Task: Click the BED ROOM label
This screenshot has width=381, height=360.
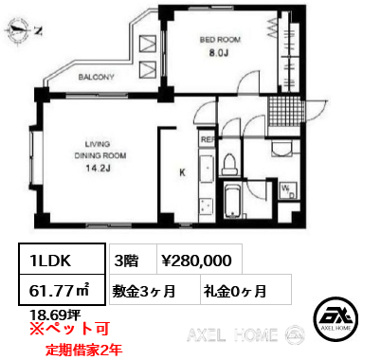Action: point(220,40)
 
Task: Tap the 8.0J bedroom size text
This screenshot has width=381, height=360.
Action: point(219,53)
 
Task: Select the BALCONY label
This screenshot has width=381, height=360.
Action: point(96,77)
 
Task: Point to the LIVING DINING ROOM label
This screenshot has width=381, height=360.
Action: point(100,150)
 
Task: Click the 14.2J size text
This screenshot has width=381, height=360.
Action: point(98,169)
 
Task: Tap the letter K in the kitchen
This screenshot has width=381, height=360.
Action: point(182,172)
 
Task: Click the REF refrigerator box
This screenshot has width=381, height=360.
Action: point(208,139)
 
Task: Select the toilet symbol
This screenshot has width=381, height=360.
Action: point(229,164)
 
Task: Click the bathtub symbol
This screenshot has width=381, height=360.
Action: point(232,201)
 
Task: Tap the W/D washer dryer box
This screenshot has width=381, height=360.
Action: point(288,191)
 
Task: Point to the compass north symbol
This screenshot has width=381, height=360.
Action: point(23,30)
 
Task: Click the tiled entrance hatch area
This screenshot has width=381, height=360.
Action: point(284,111)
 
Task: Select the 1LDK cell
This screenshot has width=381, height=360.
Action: point(62,259)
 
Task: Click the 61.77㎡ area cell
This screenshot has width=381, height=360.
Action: point(62,290)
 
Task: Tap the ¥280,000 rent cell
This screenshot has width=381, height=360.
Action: point(199,259)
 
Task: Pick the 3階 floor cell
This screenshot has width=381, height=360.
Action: point(133,259)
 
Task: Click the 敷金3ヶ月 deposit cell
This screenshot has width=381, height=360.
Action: point(154,290)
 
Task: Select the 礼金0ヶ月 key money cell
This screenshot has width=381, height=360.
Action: point(245,290)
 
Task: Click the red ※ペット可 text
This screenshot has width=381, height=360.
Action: point(69,329)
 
